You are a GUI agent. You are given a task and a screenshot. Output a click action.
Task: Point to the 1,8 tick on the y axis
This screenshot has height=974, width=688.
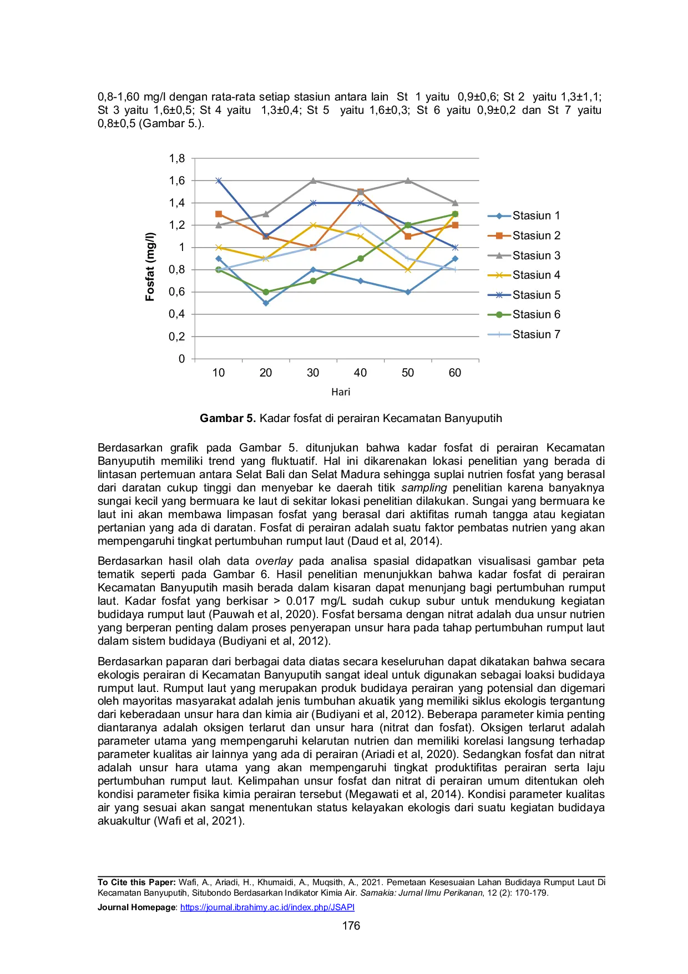(177, 159)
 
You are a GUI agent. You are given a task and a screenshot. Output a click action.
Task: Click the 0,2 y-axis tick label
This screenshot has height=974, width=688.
(177, 337)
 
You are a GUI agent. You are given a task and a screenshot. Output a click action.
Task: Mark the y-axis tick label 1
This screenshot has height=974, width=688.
(181, 248)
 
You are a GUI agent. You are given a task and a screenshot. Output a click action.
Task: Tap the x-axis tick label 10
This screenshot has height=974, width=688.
(219, 373)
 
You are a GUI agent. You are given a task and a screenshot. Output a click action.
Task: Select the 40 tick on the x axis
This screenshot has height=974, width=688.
(360, 373)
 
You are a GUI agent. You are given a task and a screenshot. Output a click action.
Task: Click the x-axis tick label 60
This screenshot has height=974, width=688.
(455, 373)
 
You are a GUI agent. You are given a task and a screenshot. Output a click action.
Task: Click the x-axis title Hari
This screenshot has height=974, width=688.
(341, 392)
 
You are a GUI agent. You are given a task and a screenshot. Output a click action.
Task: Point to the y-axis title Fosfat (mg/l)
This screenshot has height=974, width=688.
(150, 267)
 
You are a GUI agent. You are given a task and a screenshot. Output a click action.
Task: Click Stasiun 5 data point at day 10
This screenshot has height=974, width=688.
(219, 180)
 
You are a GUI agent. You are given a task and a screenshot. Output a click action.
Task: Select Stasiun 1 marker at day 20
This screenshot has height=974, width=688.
(266, 303)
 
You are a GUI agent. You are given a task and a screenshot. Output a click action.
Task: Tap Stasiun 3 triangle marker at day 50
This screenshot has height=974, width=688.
(408, 180)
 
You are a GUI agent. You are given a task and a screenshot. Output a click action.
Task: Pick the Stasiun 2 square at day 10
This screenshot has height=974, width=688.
(219, 214)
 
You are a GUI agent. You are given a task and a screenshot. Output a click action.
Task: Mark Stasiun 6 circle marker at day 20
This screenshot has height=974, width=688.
(266, 292)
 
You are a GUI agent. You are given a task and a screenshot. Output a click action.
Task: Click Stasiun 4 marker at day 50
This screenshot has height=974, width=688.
(408, 270)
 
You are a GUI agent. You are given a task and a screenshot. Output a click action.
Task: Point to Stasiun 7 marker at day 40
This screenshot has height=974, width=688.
(361, 225)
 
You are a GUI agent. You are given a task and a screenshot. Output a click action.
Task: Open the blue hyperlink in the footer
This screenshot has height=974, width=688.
(266, 907)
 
